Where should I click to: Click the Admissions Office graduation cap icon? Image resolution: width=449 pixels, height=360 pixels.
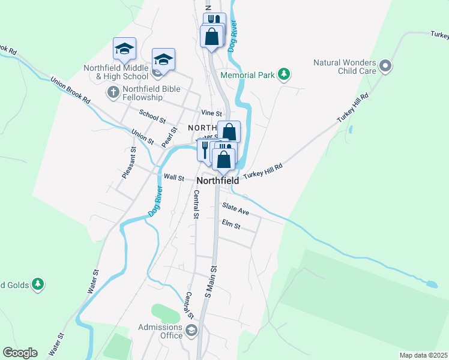(x=191, y=331)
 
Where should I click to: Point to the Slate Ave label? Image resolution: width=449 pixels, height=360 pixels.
(x=235, y=208)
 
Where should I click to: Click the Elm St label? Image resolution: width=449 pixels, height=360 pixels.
(x=231, y=226)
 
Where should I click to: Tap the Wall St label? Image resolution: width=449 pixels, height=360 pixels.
(x=173, y=177)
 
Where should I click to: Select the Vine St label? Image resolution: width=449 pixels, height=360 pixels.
(x=212, y=113)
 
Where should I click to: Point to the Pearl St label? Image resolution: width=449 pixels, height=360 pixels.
(x=170, y=137)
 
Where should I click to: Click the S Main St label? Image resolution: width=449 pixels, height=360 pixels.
(x=210, y=282)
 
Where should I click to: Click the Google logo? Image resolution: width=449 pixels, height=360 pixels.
(x=20, y=353)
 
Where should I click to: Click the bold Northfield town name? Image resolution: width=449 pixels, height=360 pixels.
(x=218, y=180)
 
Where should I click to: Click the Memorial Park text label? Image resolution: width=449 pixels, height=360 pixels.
(x=247, y=76)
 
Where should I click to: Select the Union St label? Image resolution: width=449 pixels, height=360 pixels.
(x=142, y=137)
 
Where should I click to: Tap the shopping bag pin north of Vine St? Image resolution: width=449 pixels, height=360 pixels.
(x=212, y=37)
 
